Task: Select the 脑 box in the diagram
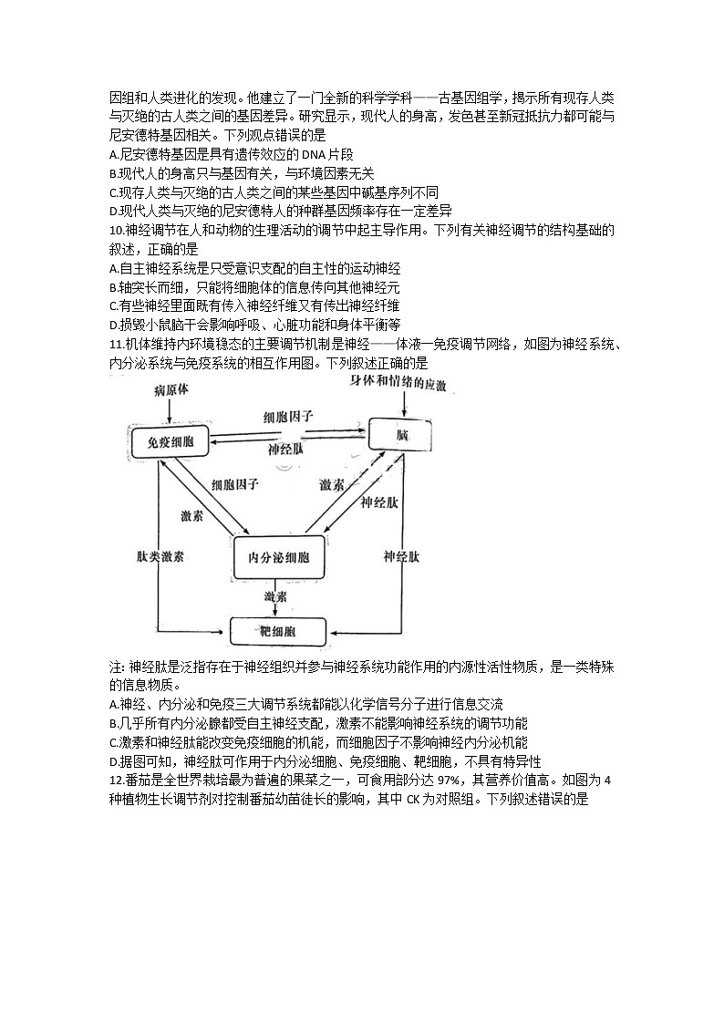point(401,435)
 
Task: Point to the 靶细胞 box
point(278,631)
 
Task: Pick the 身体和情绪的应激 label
point(398,384)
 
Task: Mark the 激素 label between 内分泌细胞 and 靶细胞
point(277,596)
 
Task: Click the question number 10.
point(115,231)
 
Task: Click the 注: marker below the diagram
point(117,667)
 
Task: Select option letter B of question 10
point(112,287)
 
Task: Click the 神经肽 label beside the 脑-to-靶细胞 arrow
point(401,556)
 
